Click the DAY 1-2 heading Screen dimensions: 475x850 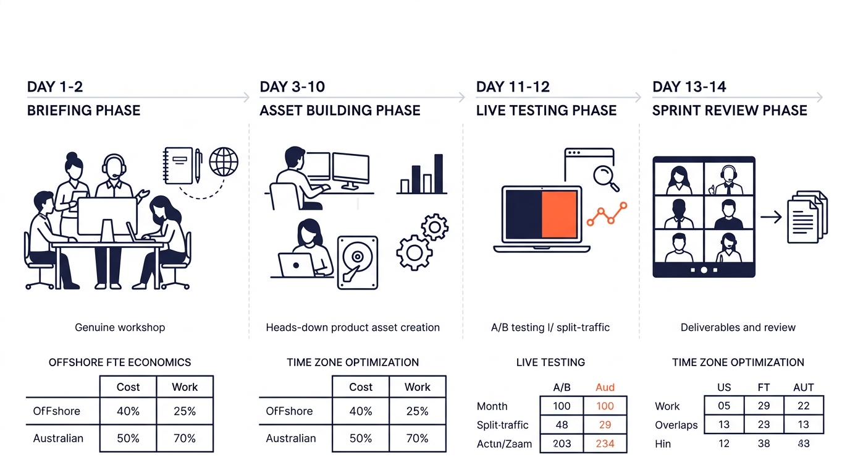[55, 87]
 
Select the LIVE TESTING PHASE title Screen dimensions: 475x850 [546, 111]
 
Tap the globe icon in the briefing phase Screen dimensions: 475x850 [223, 161]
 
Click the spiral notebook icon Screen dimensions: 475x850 [178, 165]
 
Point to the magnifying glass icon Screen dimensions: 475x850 [605, 176]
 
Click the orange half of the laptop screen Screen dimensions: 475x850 [559, 214]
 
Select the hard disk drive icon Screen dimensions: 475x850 [357, 262]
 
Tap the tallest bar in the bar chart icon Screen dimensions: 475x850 [438, 174]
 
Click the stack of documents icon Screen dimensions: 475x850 [807, 216]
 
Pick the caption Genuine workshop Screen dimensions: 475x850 [120, 327]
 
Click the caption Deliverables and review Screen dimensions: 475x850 [738, 327]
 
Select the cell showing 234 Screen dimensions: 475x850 [605, 443]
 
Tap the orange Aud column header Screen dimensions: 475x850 [605, 387]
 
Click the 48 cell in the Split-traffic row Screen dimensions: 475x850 [562, 425]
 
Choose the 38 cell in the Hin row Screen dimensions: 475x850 [764, 443]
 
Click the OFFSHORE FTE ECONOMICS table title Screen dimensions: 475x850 [120, 362]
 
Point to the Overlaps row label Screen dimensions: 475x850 [676, 425]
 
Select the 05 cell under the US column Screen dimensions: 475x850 [724, 406]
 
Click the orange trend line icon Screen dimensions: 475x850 [607, 214]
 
